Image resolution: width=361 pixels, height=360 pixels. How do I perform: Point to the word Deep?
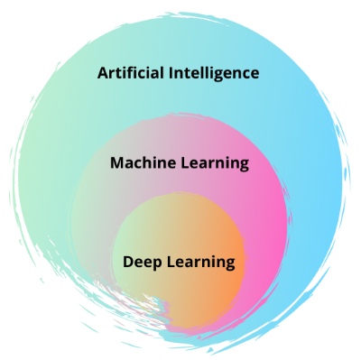point(140,263)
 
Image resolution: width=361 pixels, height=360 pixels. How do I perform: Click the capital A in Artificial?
point(103,71)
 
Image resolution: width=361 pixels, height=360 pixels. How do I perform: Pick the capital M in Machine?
point(116,163)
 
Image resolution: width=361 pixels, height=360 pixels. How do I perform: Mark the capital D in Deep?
point(128,263)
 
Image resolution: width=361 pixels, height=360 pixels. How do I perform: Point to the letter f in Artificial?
point(132,71)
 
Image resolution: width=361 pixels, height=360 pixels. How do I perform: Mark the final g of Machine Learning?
point(244,166)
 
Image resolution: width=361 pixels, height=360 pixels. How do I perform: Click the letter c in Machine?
point(136,164)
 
